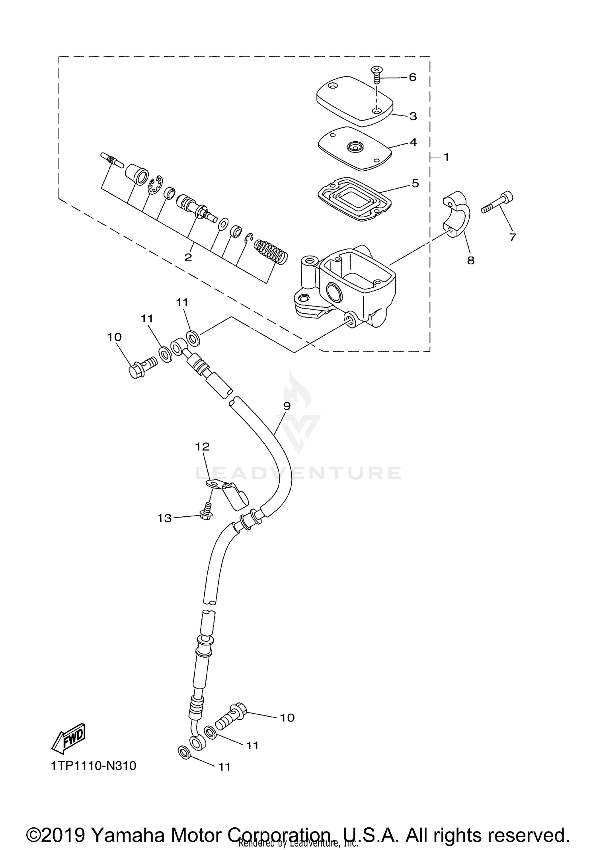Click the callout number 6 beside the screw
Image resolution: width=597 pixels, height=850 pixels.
[x=412, y=77]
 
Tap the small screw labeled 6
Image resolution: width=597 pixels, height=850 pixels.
[x=376, y=75]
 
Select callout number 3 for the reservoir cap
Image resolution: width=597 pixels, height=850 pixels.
[x=413, y=116]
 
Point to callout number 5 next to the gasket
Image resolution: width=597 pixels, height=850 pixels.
[x=415, y=184]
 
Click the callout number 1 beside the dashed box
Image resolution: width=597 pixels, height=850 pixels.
[x=446, y=157]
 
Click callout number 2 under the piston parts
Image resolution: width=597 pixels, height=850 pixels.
[x=188, y=257]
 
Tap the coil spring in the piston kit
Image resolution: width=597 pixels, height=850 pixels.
[x=271, y=251]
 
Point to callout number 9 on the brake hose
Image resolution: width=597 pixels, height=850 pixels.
[x=287, y=406]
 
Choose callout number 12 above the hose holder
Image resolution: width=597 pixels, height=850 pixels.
[x=202, y=447]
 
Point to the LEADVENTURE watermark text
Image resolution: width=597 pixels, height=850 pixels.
[x=298, y=473]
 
